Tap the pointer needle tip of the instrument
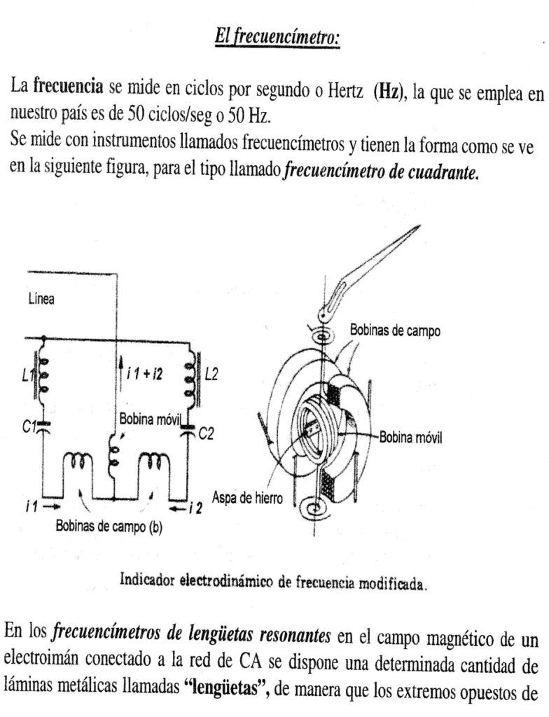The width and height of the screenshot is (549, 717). (417, 228)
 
